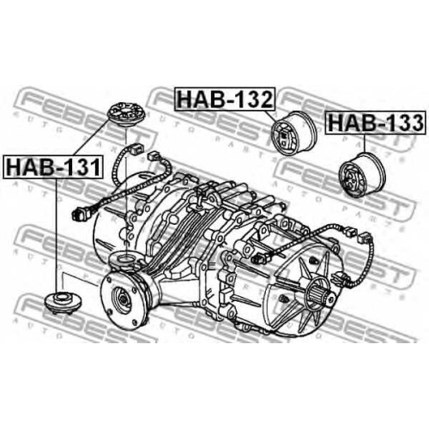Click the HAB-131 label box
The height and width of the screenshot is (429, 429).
(x=53, y=167)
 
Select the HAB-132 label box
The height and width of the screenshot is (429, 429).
(x=225, y=99)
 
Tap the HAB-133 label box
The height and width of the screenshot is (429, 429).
(x=376, y=122)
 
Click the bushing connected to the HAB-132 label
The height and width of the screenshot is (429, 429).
(x=293, y=133)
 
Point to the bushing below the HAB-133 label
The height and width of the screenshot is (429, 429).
(x=362, y=175)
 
